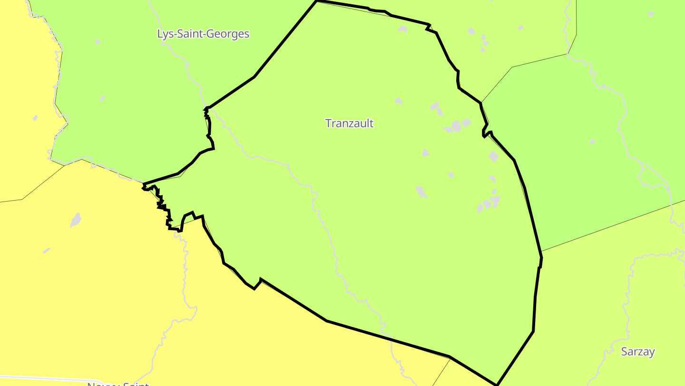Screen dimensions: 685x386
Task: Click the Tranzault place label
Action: [349, 123]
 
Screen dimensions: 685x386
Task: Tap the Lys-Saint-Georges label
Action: [203, 34]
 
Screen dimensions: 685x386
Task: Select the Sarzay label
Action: [638, 352]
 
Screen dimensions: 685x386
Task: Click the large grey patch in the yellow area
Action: [76, 220]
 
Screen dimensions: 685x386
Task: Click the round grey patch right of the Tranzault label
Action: [456, 126]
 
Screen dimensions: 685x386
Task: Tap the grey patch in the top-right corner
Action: [650, 14]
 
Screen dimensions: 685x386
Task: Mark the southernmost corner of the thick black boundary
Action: [497, 384]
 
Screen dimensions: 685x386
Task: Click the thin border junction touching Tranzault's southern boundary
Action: [450, 356]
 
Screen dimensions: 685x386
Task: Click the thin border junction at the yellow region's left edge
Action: [22, 199]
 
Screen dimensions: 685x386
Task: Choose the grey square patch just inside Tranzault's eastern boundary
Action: [494, 156]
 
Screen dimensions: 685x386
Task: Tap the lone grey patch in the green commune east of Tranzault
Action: [592, 142]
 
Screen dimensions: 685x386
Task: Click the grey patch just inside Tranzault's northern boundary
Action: [402, 30]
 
